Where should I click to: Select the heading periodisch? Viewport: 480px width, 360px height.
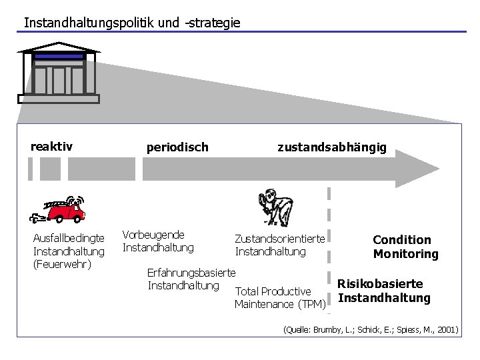(x=177, y=147)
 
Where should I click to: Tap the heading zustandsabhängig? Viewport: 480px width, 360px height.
(x=331, y=147)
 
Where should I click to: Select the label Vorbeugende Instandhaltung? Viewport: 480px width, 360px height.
(x=158, y=241)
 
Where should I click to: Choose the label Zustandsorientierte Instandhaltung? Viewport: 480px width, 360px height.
(x=279, y=245)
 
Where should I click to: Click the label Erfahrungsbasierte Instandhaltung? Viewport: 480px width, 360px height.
(x=191, y=279)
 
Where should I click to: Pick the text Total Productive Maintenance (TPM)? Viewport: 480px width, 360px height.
(x=279, y=298)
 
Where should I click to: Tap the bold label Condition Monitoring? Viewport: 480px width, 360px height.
(x=405, y=247)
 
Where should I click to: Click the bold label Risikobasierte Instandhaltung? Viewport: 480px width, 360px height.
(x=384, y=291)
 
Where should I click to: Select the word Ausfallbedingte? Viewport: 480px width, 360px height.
(x=69, y=239)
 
